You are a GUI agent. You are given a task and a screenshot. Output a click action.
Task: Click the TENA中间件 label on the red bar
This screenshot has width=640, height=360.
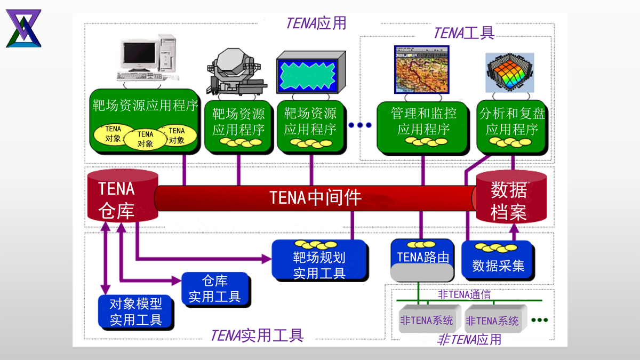click(x=316, y=198)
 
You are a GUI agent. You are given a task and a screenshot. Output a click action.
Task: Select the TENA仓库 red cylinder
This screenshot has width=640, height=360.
click(x=122, y=197)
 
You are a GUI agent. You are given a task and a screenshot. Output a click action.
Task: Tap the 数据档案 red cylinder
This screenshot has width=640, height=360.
click(x=511, y=197)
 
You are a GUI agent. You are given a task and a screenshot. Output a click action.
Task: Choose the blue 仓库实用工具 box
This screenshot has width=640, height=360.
click(x=215, y=289)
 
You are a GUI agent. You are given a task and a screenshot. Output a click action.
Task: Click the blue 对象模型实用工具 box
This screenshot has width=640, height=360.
click(x=136, y=311)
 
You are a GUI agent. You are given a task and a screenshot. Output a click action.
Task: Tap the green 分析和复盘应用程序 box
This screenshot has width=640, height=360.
click(x=511, y=125)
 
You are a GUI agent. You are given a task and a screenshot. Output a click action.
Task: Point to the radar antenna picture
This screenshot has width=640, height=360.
click(x=236, y=74)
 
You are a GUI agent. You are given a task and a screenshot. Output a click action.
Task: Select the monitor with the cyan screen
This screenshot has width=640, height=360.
click(x=310, y=75)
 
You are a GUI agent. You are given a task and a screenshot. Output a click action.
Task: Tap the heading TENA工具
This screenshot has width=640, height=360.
click(x=464, y=33)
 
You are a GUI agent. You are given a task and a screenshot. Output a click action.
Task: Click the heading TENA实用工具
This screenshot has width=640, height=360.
click(x=257, y=335)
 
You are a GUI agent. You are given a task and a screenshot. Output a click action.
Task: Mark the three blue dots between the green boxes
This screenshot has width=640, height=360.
click(x=359, y=125)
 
